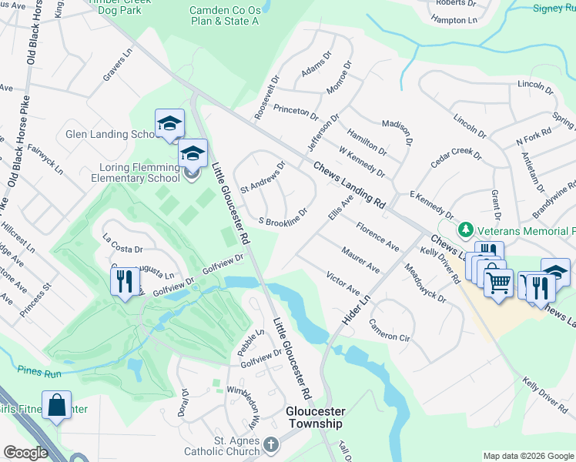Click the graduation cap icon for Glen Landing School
169,123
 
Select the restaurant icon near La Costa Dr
126,280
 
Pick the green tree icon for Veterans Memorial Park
465,229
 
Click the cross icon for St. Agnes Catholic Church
270,444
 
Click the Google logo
25,453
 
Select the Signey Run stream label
554,8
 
